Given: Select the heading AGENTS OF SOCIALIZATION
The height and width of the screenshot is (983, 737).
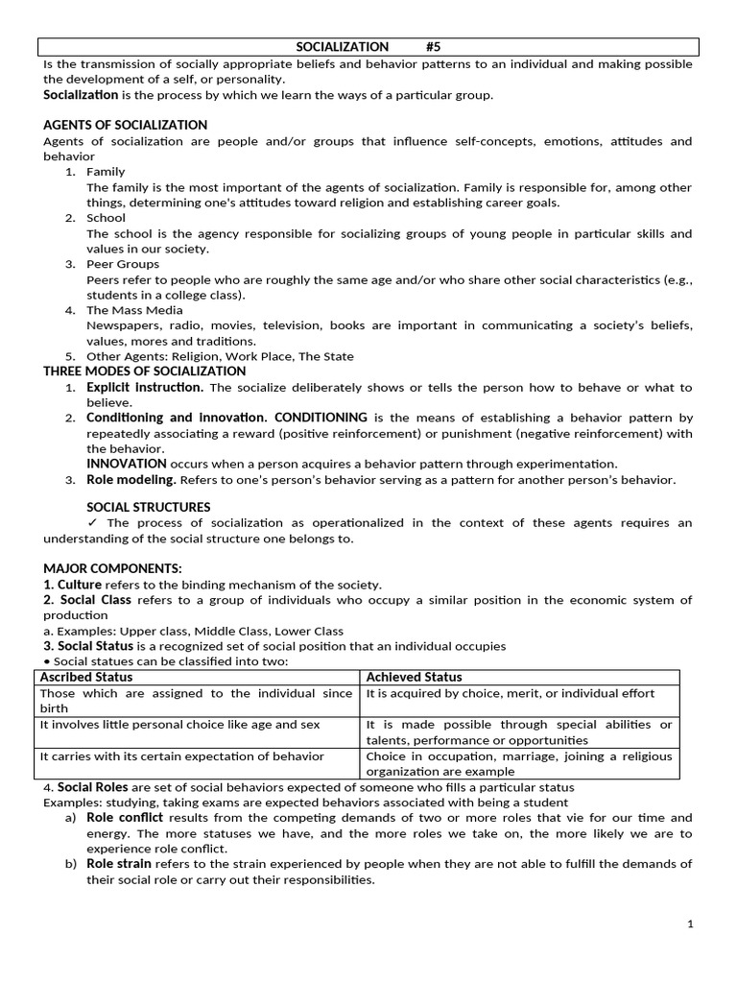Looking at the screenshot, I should [125, 125].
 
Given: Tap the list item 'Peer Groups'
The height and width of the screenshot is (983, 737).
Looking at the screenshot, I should [123, 264].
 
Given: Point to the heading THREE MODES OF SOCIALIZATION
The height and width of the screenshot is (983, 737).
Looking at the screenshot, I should [145, 372].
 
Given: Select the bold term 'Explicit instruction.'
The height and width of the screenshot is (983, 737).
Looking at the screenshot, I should [145, 387].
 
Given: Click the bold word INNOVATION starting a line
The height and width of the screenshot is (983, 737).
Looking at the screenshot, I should [127, 464].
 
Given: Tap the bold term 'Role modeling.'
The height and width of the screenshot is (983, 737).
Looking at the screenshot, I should [131, 480].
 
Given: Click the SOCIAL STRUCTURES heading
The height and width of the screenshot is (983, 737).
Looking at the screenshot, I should [149, 507].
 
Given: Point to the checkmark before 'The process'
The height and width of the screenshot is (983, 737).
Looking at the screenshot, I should [93, 523].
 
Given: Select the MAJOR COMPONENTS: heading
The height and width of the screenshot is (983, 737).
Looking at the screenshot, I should [112, 568].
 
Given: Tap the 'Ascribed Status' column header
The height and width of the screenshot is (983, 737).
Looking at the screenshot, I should [85, 677].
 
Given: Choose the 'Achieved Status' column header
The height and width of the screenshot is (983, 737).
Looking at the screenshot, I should [414, 677].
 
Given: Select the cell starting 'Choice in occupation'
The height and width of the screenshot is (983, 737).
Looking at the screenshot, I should [518, 763].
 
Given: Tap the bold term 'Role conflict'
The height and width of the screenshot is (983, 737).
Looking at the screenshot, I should [125, 818].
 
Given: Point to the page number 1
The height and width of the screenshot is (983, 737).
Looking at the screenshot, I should [690, 924].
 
